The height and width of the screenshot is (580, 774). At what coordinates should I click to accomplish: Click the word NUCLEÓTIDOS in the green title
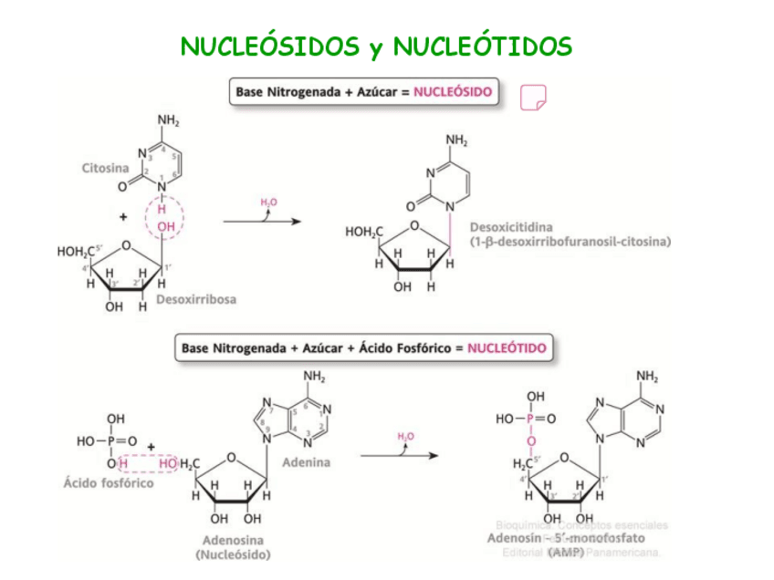tap(485, 46)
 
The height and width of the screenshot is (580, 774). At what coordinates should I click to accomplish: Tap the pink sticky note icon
tap(532, 97)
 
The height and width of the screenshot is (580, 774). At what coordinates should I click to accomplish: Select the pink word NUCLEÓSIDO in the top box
tap(453, 92)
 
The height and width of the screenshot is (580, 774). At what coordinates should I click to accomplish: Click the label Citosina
tap(105, 168)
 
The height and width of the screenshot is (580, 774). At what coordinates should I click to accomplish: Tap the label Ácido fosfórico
tap(109, 482)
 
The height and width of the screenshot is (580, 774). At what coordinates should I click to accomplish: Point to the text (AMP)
tap(566, 553)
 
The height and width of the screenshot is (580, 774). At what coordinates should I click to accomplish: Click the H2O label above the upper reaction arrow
tap(269, 202)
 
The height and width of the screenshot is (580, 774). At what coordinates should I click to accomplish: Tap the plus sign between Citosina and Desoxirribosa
tap(122, 217)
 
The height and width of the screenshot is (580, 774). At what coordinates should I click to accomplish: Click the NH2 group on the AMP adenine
tap(647, 377)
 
